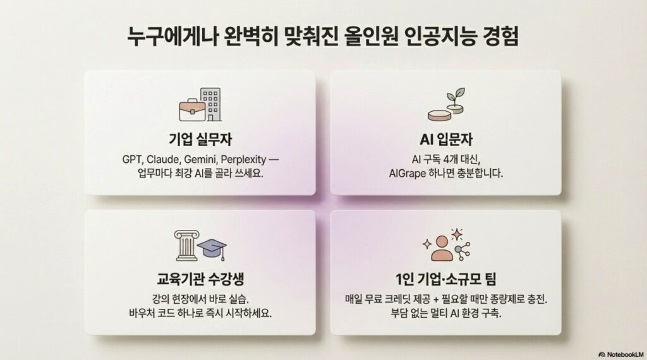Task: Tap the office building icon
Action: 211,104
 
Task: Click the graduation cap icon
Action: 212,248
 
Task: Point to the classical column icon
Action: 184,244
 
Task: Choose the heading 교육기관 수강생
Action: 200,280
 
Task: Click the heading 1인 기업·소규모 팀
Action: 445,280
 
